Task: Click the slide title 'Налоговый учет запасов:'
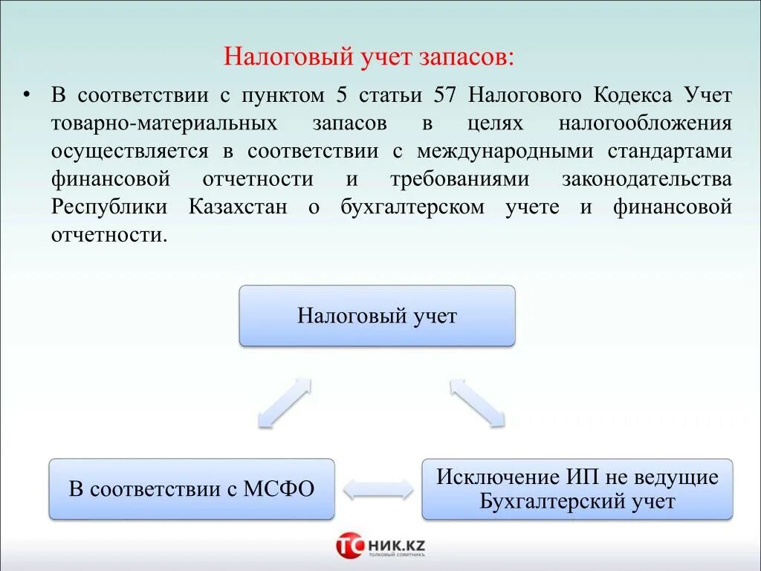click(x=369, y=57)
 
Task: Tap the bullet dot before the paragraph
click(x=27, y=96)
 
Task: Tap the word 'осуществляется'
click(x=130, y=152)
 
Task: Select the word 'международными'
click(x=505, y=152)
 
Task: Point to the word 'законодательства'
click(x=647, y=179)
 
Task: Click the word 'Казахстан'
click(x=237, y=207)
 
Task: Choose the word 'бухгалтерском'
click(x=412, y=207)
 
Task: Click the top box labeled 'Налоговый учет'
click(x=377, y=316)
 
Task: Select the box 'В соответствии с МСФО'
click(x=192, y=489)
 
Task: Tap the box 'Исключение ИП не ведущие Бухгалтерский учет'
click(x=577, y=489)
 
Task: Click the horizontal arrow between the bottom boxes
click(x=378, y=489)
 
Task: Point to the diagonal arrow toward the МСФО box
click(x=284, y=402)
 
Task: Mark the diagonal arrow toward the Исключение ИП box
click(x=477, y=402)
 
